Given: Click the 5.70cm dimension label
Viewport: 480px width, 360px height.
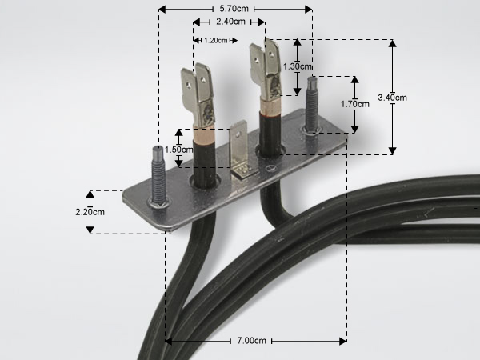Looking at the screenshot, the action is [234, 9].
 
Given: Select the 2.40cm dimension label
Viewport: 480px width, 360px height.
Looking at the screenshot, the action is [230, 22].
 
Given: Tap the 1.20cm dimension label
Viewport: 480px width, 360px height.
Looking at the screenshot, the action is [216, 41].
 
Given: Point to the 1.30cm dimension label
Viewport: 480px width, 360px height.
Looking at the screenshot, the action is [297, 66].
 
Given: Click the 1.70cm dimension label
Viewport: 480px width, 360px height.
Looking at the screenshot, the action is [355, 104].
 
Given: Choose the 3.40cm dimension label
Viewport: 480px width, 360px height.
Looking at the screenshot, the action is [393, 98].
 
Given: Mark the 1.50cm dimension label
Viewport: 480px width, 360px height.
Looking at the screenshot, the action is [178, 150].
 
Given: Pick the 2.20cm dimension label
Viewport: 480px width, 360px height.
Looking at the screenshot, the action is [90, 212].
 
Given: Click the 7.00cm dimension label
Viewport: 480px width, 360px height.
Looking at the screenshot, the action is [252, 341].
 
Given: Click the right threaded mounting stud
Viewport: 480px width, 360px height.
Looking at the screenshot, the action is [312, 103].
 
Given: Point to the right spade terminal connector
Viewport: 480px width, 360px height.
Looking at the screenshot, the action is [266, 70].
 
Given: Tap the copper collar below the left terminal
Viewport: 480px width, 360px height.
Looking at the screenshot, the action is [204, 134].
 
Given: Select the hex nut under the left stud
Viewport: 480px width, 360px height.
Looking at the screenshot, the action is [158, 202].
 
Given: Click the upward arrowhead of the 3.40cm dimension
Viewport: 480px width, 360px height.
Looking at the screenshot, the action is [393, 43].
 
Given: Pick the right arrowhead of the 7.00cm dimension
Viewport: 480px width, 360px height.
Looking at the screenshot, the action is [343, 341].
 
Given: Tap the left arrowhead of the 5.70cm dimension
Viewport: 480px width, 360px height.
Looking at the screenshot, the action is [162, 9].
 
